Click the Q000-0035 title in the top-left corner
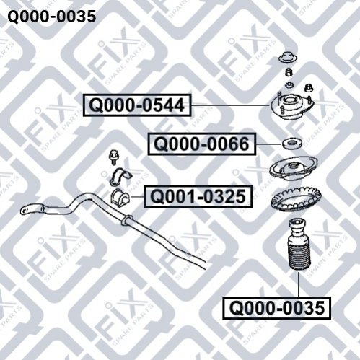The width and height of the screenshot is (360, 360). pos(52,17)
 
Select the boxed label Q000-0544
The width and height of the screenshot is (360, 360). pos(137,105)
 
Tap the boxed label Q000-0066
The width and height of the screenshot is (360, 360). pos(201,144)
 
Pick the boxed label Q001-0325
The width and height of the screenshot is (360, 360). pos(198,196)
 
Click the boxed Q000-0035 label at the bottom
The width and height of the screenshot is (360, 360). pos(277,308)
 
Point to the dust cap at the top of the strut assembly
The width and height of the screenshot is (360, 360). pos(288,58)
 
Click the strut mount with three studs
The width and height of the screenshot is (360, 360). pos(292,107)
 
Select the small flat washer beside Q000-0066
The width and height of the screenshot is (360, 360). pos(292,144)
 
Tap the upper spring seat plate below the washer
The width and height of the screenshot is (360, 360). pos(294,169)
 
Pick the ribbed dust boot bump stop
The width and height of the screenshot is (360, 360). pos(299,245)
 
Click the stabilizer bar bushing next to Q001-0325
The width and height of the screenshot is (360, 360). pos(120,197)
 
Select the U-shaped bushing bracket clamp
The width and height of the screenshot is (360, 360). pos(120,177)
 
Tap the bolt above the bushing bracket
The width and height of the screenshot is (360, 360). pos(113,157)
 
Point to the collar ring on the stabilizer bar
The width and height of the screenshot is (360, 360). pos(127,220)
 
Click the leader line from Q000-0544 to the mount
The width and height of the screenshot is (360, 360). pos(230,105)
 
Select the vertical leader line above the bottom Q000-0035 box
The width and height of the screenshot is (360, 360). pos(299,284)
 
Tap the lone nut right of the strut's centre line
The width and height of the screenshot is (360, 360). pos(309,87)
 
